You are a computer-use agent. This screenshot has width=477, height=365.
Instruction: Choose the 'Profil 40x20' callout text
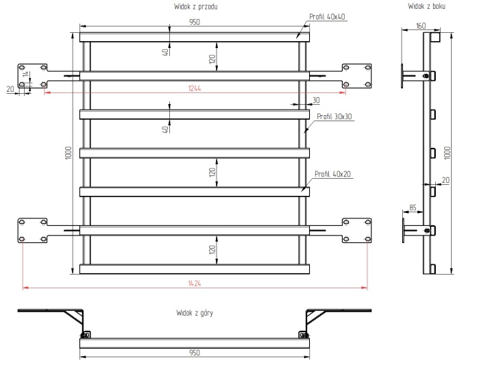click(x=332, y=173)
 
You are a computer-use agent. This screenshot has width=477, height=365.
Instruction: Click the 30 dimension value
click(x=315, y=100)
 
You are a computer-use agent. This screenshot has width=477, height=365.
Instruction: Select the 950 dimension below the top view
click(x=195, y=353)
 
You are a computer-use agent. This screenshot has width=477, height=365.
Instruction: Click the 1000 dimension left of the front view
click(x=69, y=153)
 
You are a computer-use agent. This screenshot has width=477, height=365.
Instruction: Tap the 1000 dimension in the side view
click(x=447, y=151)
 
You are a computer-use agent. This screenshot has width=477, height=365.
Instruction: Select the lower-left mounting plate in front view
click(x=33, y=229)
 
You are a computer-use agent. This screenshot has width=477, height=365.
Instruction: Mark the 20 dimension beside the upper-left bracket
click(x=10, y=88)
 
